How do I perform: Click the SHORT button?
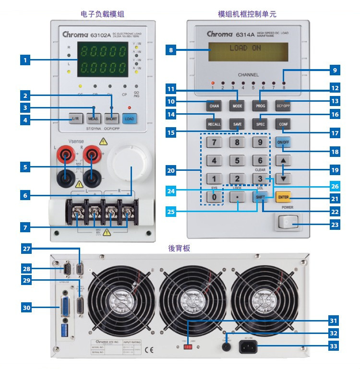111,118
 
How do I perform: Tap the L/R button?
76,118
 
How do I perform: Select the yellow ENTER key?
283,197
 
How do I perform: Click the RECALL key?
214,124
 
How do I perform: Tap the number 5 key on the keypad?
237,160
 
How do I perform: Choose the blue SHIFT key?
260,197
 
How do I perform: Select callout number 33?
334,345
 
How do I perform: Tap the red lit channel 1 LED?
213,83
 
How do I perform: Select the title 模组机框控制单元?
248,15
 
